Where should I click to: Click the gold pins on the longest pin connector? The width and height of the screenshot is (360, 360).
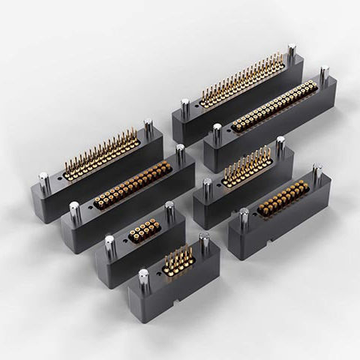coord(244,79)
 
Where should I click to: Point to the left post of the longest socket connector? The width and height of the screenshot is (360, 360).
coord(217,133)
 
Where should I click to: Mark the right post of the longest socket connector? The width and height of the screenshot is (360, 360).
coord(324,76)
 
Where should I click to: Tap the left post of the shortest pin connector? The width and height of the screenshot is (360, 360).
coord(143,277)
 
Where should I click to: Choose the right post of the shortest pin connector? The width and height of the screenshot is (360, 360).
coord(204,244)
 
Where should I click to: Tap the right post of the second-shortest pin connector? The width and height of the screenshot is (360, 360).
coord(280,146)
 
